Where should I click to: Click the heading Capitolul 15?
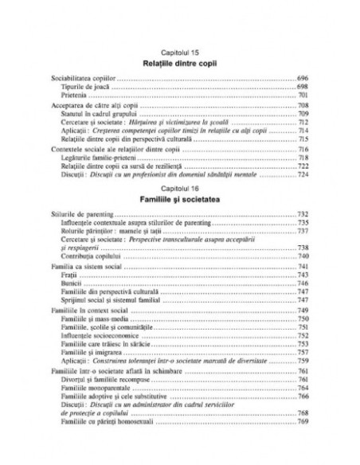tap(179, 51)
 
